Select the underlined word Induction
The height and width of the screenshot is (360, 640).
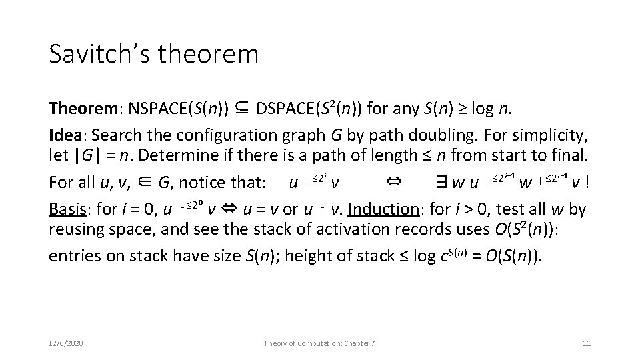pyautogui.click(x=377, y=209)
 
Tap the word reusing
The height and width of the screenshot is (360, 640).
pyautogui.click(x=77, y=231)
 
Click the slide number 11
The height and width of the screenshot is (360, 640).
pyautogui.click(x=587, y=343)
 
